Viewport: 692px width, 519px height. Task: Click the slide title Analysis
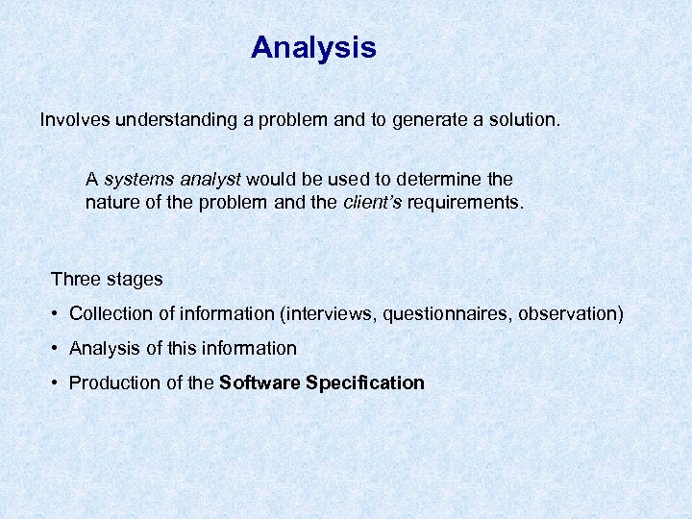313,47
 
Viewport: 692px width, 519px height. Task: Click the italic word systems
134,180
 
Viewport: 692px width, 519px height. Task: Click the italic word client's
371,203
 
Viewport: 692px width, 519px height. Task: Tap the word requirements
466,203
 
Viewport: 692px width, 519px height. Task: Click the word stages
135,280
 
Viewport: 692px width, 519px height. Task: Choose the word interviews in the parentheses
318,313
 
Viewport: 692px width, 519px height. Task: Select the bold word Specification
364,383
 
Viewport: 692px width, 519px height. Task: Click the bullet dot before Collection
58,314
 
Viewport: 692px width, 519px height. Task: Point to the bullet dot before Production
58,383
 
